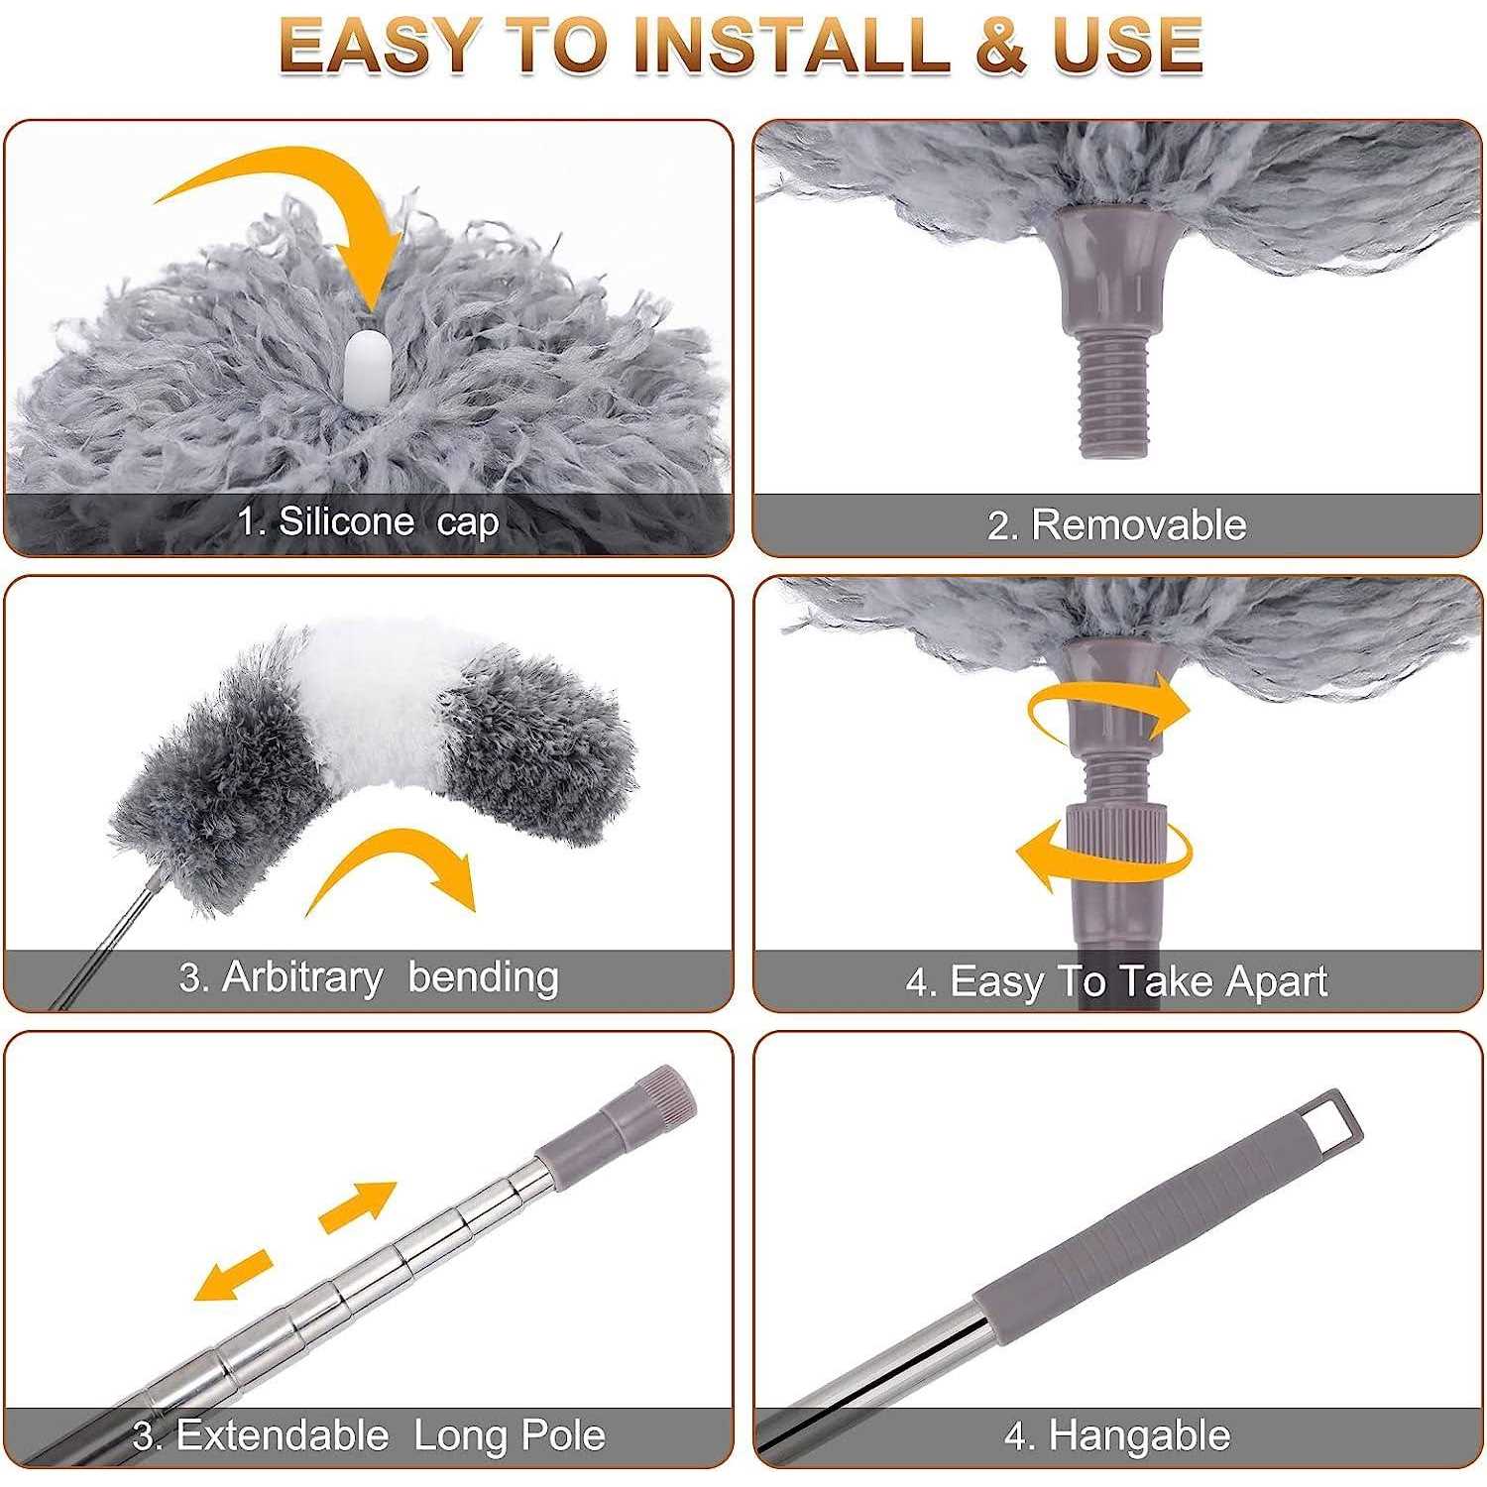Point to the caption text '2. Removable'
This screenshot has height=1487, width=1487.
[1116, 524]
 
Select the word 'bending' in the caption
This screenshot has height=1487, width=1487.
[483, 976]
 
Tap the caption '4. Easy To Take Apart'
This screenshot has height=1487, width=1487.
[1116, 981]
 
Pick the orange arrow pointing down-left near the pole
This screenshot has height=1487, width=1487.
[233, 1274]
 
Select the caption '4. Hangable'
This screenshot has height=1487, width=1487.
[1116, 1434]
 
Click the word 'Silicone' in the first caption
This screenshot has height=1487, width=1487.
[346, 521]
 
